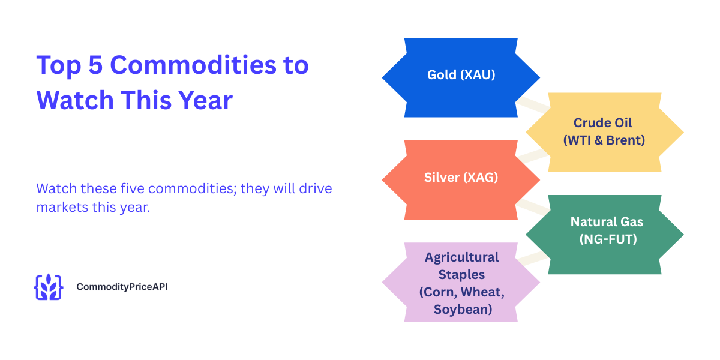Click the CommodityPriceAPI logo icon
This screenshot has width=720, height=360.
pyautogui.click(x=48, y=287)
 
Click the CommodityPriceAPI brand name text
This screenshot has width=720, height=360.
pyautogui.click(x=122, y=287)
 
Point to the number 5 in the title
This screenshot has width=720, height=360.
pyautogui.click(x=95, y=65)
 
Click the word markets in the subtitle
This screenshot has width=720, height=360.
pyautogui.click(x=60, y=208)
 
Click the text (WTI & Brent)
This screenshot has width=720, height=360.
pyautogui.click(x=603, y=140)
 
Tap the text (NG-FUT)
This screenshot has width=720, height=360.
pyautogui.click(x=607, y=239)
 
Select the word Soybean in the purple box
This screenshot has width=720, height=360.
pyautogui.click(x=463, y=310)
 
